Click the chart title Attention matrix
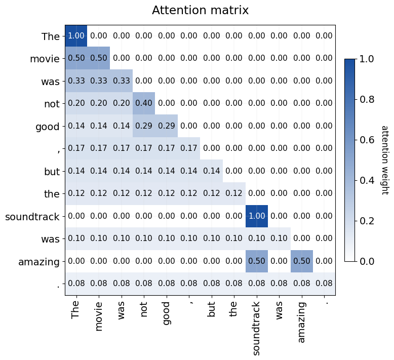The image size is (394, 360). pyautogui.click(x=200, y=10)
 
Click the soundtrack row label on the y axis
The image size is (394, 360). pyautogui.click(x=32, y=216)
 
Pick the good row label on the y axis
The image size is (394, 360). pyautogui.click(x=48, y=126)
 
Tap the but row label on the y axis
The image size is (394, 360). pyautogui.click(x=52, y=171)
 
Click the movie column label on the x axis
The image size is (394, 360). pyautogui.click(x=99, y=317)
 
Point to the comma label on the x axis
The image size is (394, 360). pyautogui.click(x=189, y=303)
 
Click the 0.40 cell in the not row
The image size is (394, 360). pyautogui.click(x=144, y=104)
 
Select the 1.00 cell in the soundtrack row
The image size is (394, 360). pyautogui.click(x=256, y=216)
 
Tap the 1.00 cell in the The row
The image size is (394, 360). pyautogui.click(x=76, y=36)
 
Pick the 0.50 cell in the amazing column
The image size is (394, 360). pyautogui.click(x=302, y=261)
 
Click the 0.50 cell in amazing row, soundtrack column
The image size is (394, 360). pyautogui.click(x=256, y=261)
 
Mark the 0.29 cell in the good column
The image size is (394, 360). pyautogui.click(x=166, y=126)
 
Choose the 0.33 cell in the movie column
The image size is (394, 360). pyautogui.click(x=99, y=81)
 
